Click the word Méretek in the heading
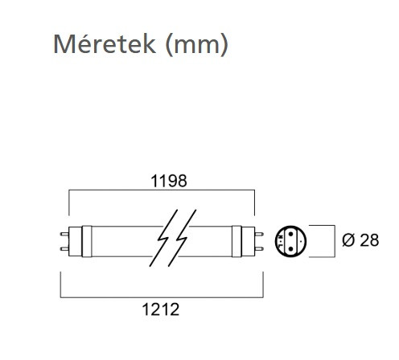pyautogui.click(x=105, y=44)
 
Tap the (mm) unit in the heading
pyautogui.click(x=197, y=45)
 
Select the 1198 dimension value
pyautogui.click(x=169, y=181)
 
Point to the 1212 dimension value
pyautogui.click(x=161, y=309)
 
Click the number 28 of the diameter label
pyautogui.click(x=369, y=240)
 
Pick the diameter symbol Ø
pyautogui.click(x=348, y=240)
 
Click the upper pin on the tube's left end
pyautogui.click(x=64, y=234)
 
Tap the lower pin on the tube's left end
pyautogui.click(x=64, y=249)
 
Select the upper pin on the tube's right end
pyautogui.click(x=259, y=234)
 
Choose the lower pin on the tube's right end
pyautogui.click(x=259, y=249)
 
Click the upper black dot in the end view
pyautogui.click(x=290, y=234)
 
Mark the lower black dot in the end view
pyautogui.click(x=290, y=249)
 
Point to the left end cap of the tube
pyautogui.click(x=75, y=242)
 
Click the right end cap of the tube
pyautogui.click(x=248, y=242)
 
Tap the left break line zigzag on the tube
pyautogui.click(x=163, y=238)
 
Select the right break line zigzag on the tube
pyautogui.click(x=183, y=238)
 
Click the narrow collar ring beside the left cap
pyautogui.click(x=87, y=242)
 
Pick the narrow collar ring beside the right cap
pyautogui.click(x=237, y=242)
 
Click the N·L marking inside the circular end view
pyautogui.click(x=281, y=241)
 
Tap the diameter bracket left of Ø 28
pyautogui.click(x=335, y=241)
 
